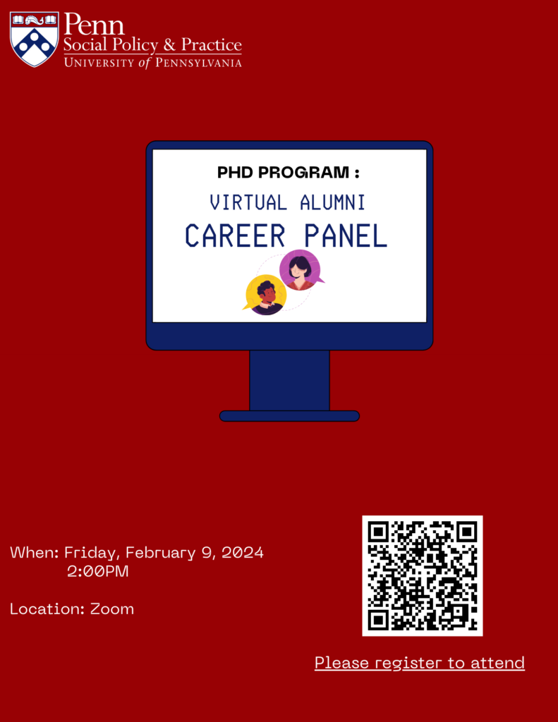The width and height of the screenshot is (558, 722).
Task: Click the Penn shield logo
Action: (x=34, y=39)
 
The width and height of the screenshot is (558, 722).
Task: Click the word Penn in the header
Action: (x=94, y=25)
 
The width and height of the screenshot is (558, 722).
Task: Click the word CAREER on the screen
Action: (x=235, y=236)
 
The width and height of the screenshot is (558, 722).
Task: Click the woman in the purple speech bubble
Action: (x=301, y=271)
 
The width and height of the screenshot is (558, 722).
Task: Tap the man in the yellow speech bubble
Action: (x=266, y=295)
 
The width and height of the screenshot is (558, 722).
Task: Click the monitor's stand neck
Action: (x=289, y=380)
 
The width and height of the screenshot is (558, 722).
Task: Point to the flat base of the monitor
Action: (x=289, y=416)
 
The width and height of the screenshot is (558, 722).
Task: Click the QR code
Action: (x=423, y=575)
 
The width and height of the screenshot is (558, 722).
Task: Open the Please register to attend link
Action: (x=420, y=663)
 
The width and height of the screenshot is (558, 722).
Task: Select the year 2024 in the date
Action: (x=243, y=553)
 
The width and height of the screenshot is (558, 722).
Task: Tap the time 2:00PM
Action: (x=98, y=571)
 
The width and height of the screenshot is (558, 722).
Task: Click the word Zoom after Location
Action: (x=112, y=608)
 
